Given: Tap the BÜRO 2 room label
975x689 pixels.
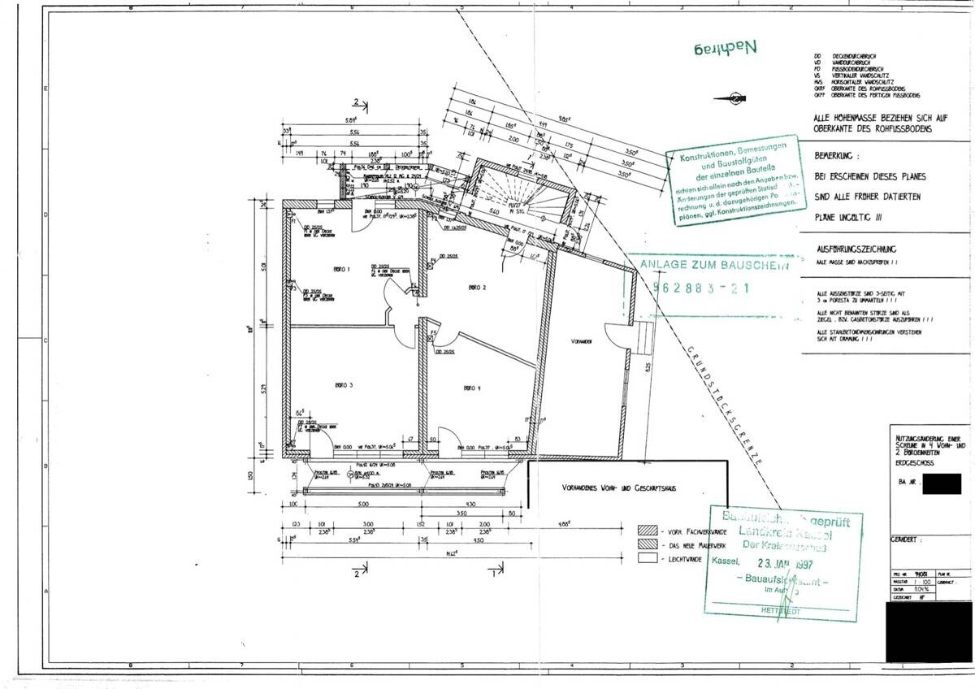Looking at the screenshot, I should [x=477, y=288].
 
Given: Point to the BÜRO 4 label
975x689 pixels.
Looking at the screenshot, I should [x=473, y=388].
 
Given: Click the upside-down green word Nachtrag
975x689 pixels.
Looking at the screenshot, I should [x=722, y=47].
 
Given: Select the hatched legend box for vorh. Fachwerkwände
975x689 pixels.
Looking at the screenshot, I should [x=647, y=528].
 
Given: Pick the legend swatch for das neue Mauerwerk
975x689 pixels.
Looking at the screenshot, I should [x=647, y=544].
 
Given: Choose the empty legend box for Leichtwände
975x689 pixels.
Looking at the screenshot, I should [x=647, y=559].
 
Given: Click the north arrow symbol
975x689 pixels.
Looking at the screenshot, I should [x=733, y=98].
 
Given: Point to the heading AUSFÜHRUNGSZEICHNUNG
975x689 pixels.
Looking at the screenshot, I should [x=855, y=251].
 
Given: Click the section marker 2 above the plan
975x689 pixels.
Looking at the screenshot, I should [x=355, y=102].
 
